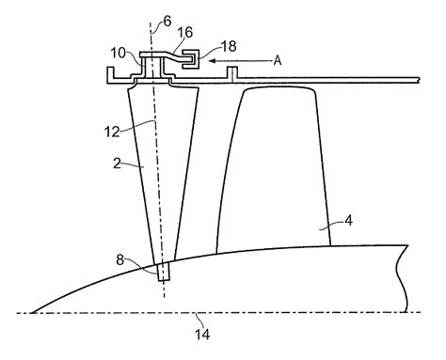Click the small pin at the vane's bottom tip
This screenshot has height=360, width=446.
coord(166,273)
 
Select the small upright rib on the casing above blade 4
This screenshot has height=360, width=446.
coord(230,72)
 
